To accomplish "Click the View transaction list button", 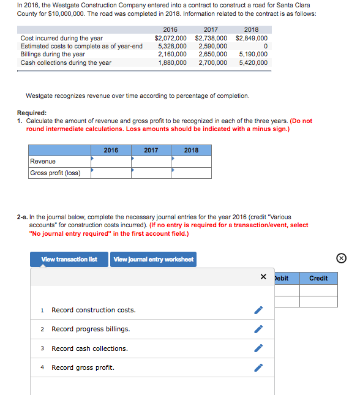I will pyautogui.click(x=69, y=259).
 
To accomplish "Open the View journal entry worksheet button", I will pyautogui.click(x=153, y=259).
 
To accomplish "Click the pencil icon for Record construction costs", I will pyautogui.click(x=259, y=310).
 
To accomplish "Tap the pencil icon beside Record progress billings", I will pyautogui.click(x=259, y=329).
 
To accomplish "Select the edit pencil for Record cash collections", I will pyautogui.click(x=259, y=349).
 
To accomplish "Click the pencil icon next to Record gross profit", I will pyautogui.click(x=259, y=368).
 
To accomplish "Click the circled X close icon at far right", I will pyautogui.click(x=342, y=258).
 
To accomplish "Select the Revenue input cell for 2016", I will pyautogui.click(x=111, y=161).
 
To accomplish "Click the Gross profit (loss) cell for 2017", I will pyautogui.click(x=151, y=173).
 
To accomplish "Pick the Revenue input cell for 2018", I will pyautogui.click(x=191, y=161).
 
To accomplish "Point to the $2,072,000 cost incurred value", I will pyautogui.click(x=170, y=38).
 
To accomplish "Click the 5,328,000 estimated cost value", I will pyautogui.click(x=172, y=46).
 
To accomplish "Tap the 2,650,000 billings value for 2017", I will pyautogui.click(x=212, y=54).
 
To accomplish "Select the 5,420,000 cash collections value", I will pyautogui.click(x=253, y=62).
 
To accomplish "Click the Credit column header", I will pyautogui.click(x=318, y=278).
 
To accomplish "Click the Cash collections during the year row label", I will pyautogui.click(x=66, y=62).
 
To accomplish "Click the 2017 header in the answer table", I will pyautogui.click(x=151, y=150).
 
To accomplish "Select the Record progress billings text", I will pyautogui.click(x=91, y=329).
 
